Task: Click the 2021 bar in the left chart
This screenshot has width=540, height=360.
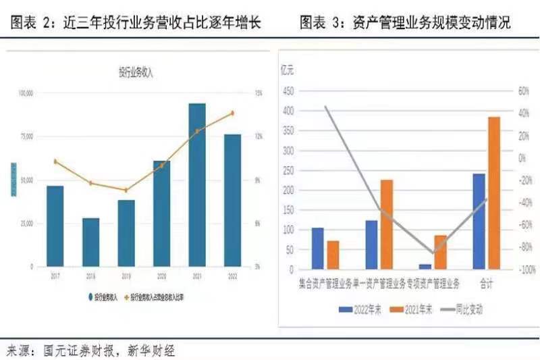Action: point(197,185)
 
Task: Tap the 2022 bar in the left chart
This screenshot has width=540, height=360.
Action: point(233,201)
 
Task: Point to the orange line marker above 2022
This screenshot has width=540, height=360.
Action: point(233,113)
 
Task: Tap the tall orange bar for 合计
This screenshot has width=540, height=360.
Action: point(494,193)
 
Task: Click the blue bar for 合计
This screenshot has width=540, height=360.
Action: point(479,222)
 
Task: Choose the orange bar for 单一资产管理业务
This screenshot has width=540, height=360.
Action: point(386,224)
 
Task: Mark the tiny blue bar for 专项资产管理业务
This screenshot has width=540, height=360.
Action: point(425,267)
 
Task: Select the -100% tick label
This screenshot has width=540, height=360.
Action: point(527,269)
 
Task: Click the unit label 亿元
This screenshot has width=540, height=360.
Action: point(287,70)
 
